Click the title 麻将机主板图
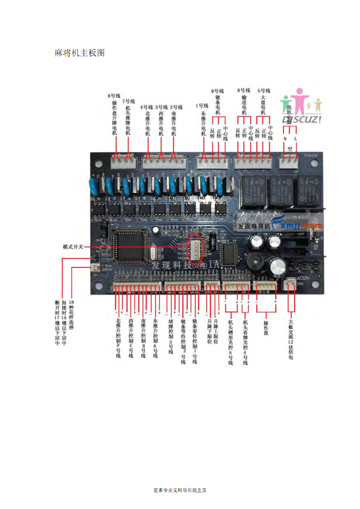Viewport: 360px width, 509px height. pyautogui.click(x=80, y=53)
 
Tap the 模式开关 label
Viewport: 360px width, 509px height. pyautogui.click(x=73, y=247)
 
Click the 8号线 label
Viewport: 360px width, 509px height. pyautogui.click(x=114, y=96)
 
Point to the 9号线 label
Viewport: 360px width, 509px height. pyautogui.click(x=217, y=91)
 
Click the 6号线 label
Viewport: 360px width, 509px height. pyautogui.click(x=243, y=90)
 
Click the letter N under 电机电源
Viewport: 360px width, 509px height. pyautogui.click(x=284, y=139)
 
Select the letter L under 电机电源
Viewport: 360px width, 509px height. pyautogui.click(x=295, y=139)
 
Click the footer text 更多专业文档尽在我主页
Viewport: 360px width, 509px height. pyautogui.click(x=180, y=490)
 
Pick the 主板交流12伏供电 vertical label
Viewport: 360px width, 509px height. pyautogui.click(x=291, y=339)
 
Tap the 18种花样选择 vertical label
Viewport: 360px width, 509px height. pyautogui.click(x=71, y=315)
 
